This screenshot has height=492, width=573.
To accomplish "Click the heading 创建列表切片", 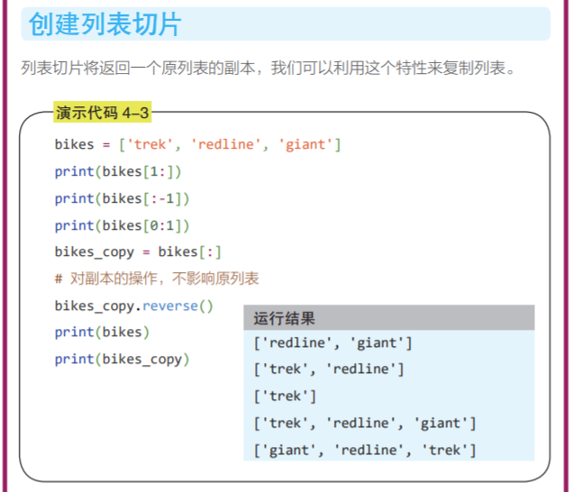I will (x=105, y=24).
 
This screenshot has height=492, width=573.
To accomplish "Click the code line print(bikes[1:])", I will (x=118, y=171).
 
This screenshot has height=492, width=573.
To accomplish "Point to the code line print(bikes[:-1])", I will (x=122, y=198).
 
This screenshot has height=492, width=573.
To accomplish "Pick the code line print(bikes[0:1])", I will (x=122, y=225).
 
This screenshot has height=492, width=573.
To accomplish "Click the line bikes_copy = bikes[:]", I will (x=138, y=251).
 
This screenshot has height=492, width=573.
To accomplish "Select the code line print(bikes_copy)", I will (x=122, y=359).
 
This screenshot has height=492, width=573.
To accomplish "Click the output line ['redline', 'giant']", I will (x=332, y=342).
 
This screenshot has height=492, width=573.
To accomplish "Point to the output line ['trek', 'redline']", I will (x=329, y=369).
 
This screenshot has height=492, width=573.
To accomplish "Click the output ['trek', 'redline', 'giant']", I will (x=365, y=423).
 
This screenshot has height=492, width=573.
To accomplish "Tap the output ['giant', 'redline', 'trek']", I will (x=365, y=450).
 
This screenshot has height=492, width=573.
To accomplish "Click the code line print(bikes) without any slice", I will (x=102, y=332).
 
